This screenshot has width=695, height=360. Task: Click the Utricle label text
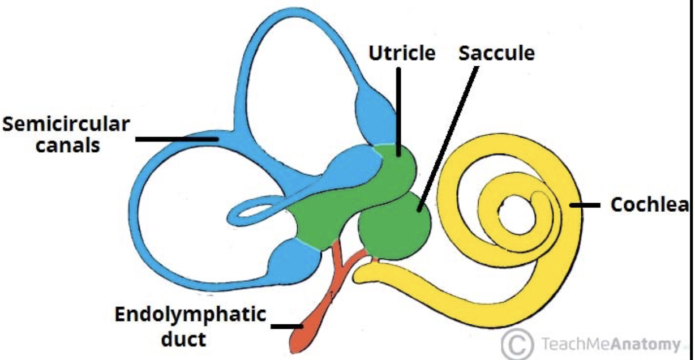(402, 53)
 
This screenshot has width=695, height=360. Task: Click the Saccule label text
(496, 53)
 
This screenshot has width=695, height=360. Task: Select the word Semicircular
(66, 124)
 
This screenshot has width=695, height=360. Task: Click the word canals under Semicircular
(67, 145)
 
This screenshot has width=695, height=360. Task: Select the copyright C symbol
(517, 344)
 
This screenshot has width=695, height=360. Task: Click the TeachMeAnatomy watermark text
(609, 344)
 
